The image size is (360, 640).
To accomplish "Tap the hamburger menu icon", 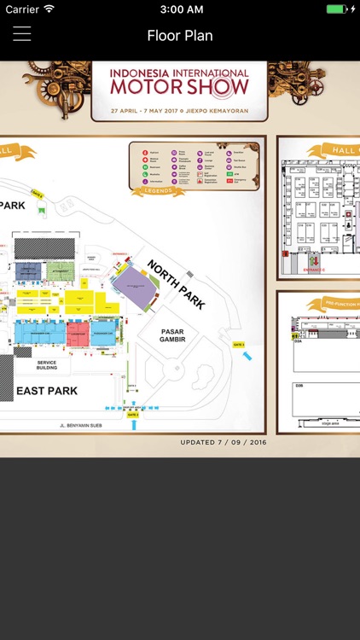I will (x=21, y=34).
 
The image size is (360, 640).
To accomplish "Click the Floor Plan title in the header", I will (x=180, y=35).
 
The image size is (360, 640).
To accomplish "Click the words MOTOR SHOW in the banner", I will (x=179, y=87).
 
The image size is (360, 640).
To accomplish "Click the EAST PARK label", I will (x=47, y=391).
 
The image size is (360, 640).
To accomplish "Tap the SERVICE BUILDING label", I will (x=47, y=365).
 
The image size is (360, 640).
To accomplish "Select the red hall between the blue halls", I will (x=78, y=333).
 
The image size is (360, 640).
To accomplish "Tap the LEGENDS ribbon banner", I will (x=158, y=191).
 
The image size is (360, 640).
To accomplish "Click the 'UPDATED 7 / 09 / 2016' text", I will (x=224, y=442).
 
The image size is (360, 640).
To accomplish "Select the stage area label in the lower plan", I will (x=329, y=422).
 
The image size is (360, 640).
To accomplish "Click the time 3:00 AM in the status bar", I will (x=180, y=9).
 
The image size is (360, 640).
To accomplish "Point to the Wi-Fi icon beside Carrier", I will (x=49, y=9).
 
